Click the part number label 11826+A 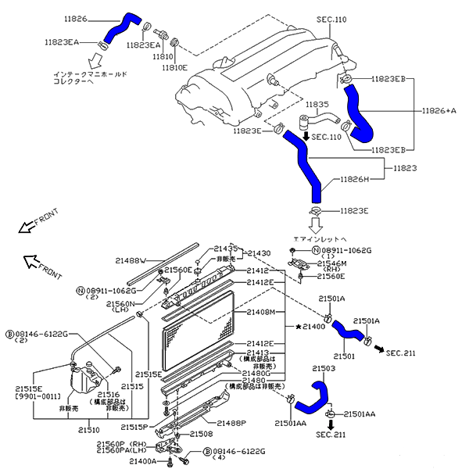(439, 111)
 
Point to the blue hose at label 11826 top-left (121, 29)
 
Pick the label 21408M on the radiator (261, 312)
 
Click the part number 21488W (132, 260)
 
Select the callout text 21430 (260, 253)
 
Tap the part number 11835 (317, 104)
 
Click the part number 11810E (174, 68)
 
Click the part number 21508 (201, 433)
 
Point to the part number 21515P (134, 427)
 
